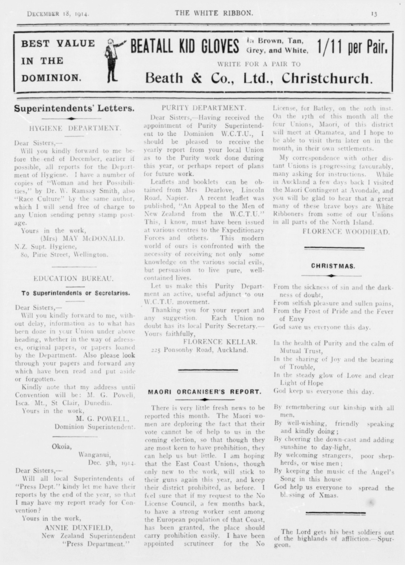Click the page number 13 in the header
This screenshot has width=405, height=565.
pyautogui.click(x=374, y=14)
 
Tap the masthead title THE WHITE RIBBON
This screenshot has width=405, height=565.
pyautogui.click(x=214, y=13)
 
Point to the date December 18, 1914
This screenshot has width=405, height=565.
pyautogui.click(x=58, y=14)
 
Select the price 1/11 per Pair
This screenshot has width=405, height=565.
pyautogui.click(x=353, y=47)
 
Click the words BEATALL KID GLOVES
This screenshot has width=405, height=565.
pyautogui.click(x=184, y=47)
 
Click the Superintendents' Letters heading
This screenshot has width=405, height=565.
pyautogui.click(x=74, y=108)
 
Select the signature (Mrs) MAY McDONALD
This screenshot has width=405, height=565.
pyautogui.click(x=82, y=239)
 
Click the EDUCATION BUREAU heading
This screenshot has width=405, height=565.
pyautogui.click(x=73, y=279)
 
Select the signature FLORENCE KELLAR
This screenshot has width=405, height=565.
pyautogui.click(x=220, y=342)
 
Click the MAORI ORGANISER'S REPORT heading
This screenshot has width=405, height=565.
pyautogui.click(x=205, y=392)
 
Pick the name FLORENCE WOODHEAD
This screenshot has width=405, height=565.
pyautogui.click(x=346, y=231)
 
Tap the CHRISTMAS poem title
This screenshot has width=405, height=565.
pyautogui.click(x=333, y=266)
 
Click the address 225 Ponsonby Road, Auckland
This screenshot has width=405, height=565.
pyautogui.click(x=199, y=350)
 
